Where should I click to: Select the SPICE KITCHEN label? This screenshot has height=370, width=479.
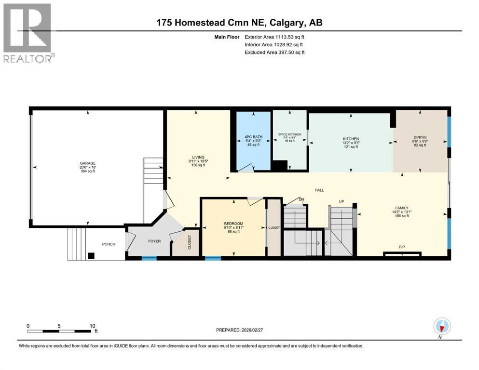tap(289, 134)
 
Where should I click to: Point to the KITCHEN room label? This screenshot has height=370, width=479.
tap(350, 139)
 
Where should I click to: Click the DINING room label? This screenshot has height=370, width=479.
tap(419, 137)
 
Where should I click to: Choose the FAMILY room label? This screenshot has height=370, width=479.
tap(401, 208)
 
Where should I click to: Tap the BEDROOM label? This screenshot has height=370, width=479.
tap(233, 224)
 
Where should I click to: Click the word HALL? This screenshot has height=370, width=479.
tap(319, 190)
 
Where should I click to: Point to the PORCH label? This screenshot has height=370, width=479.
tap(109, 244)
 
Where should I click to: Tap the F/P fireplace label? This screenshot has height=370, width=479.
tap(401, 247)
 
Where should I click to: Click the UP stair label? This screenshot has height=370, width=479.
tap(342, 201)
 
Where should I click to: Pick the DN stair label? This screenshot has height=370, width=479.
tap(301, 199)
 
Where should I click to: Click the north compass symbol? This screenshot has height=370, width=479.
tap(442, 327)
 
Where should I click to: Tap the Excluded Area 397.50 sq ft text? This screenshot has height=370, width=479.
tap(274, 52)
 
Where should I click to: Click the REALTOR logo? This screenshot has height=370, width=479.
tap(27, 32)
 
